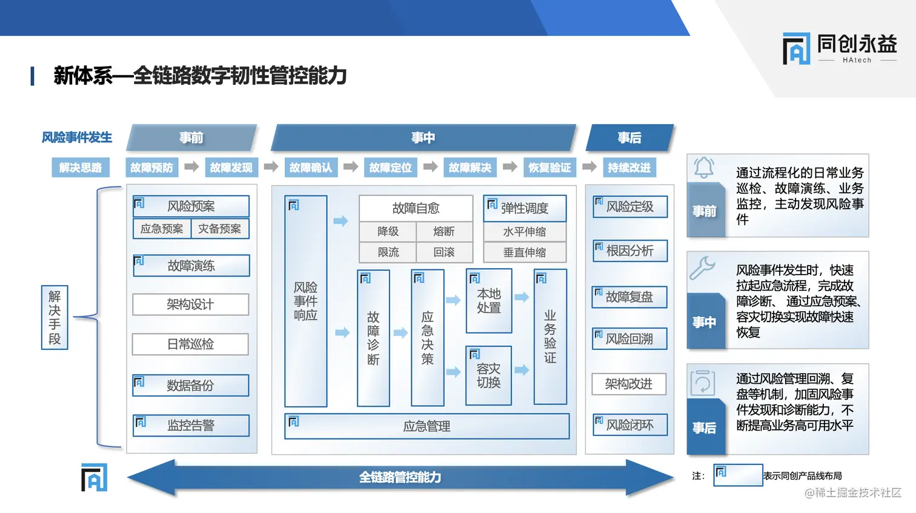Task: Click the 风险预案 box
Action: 191,206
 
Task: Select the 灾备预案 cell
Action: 219,229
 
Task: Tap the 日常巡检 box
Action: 190,344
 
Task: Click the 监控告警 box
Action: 191,426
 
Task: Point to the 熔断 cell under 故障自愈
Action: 444,232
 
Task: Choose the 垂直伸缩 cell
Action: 525,252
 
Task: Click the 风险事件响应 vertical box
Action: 306,301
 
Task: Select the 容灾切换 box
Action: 488,375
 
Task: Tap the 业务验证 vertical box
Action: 550,337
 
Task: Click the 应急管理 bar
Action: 426,426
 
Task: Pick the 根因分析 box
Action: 630,250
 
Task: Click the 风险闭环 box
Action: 630,425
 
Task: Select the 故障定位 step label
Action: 390,167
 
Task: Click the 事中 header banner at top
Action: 423,138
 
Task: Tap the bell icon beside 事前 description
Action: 704,167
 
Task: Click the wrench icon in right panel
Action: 703,267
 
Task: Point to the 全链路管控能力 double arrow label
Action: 400,477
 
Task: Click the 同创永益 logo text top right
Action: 857,44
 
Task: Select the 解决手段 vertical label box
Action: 55,317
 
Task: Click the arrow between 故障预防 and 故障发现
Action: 191,167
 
